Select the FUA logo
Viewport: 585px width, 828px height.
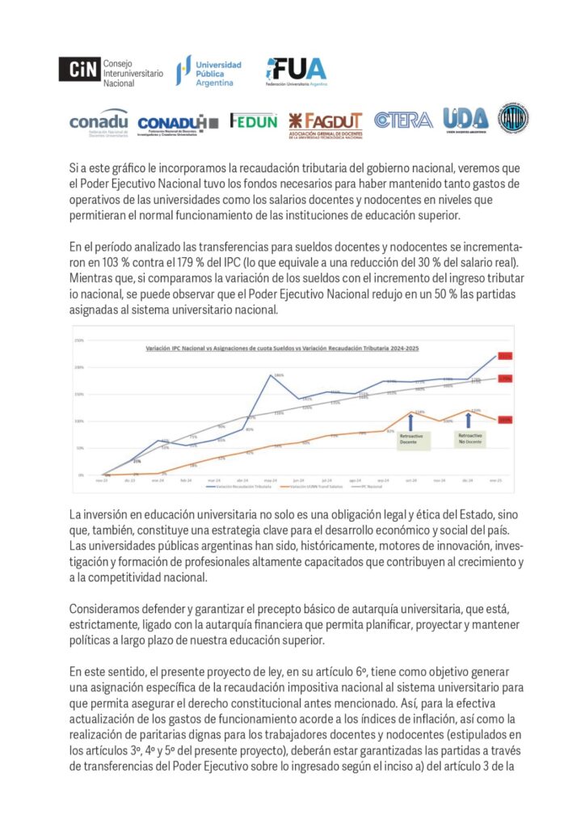coord(297,70)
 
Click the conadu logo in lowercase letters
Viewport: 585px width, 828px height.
coord(99,120)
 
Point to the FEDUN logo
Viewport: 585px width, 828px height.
coord(254,120)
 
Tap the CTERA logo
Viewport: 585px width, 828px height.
coord(403,120)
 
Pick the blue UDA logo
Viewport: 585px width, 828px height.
coord(465,119)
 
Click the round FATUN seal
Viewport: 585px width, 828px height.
coord(513,117)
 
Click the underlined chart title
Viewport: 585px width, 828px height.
coord(282,347)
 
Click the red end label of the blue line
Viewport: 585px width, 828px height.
coord(505,356)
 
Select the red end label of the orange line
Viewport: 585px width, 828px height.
coord(505,420)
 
